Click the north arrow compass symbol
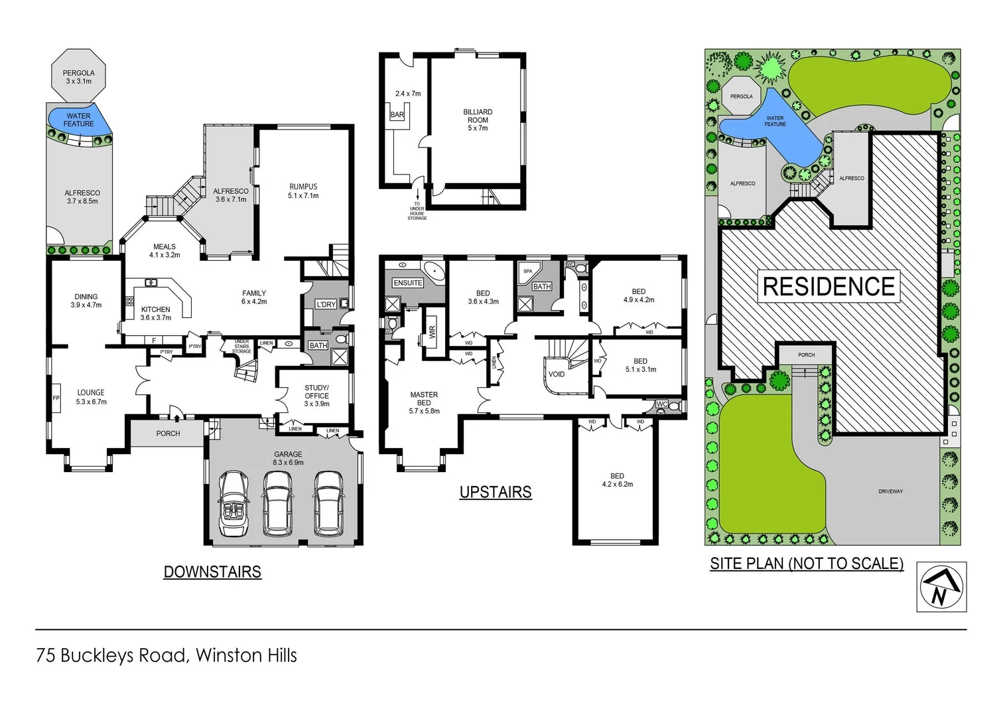941,587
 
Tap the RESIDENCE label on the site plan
829,287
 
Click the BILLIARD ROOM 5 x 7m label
478,120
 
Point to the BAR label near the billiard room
397,115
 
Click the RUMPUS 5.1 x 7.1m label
303,191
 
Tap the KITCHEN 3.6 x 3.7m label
156,313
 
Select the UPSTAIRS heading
496,493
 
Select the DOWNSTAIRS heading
212,572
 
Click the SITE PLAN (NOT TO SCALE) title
807,564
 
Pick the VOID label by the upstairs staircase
557,374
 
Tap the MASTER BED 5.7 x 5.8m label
424,403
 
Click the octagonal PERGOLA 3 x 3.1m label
78,77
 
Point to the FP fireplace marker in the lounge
56,398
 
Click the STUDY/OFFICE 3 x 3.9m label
316,396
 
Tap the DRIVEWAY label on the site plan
890,492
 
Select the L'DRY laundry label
326,305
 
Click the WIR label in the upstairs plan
433,333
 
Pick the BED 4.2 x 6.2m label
617,480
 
